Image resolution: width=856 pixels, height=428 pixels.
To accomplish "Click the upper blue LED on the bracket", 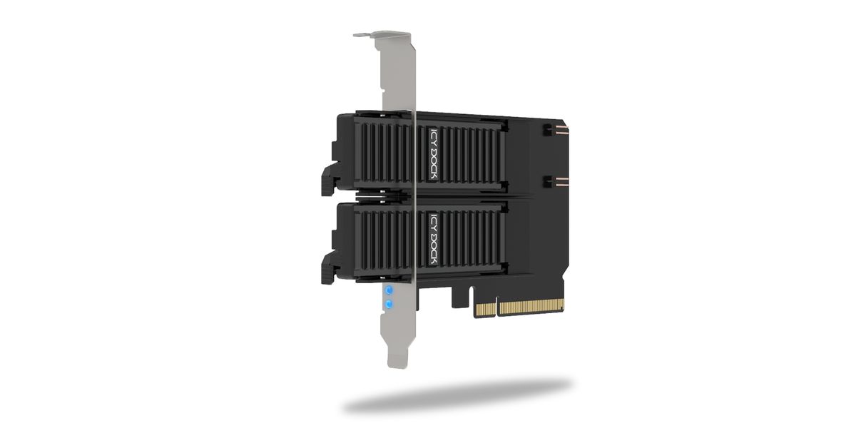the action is (x=389, y=291).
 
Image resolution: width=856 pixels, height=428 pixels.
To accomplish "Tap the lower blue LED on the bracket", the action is (x=389, y=305).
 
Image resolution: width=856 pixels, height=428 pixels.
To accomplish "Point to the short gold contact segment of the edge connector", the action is (x=486, y=309).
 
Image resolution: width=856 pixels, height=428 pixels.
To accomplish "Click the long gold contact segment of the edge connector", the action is (x=531, y=307).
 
